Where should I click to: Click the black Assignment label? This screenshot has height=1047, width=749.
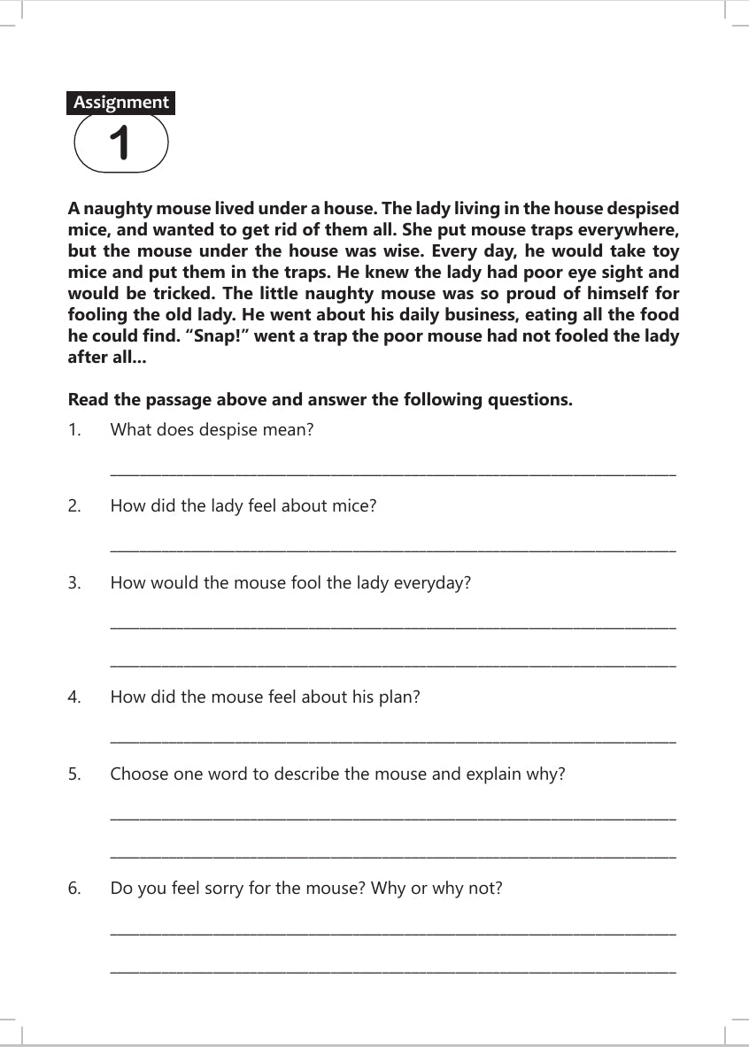pos(120,103)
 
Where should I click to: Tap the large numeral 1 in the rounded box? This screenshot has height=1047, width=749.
pos(120,144)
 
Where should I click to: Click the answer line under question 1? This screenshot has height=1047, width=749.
pos(392,475)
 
